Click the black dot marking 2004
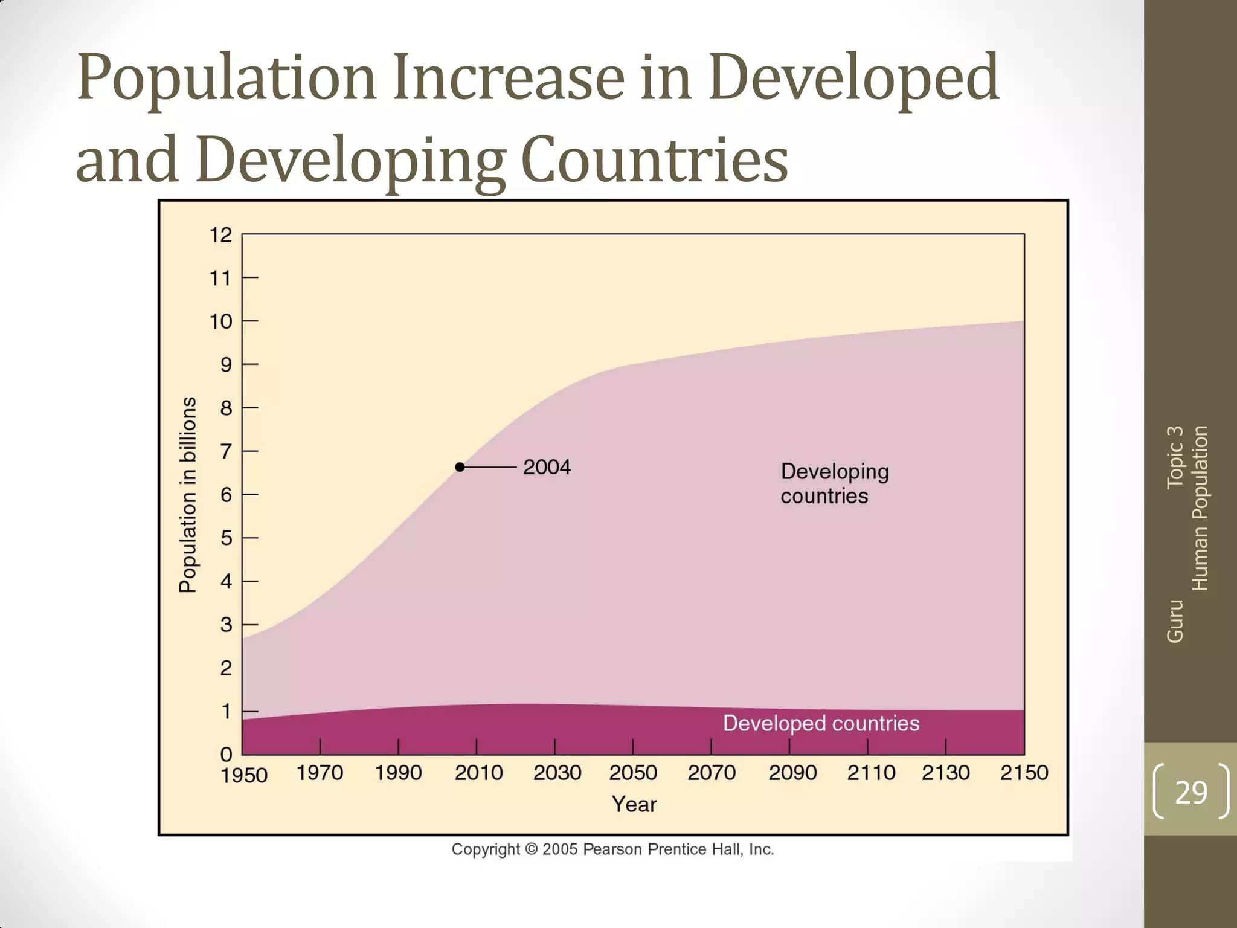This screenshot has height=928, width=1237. coord(460,467)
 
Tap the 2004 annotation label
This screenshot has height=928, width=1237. coord(546,467)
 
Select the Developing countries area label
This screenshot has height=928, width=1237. coord(834,483)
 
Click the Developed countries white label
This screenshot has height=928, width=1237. coord(821,723)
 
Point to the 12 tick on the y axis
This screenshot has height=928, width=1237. coord(221,235)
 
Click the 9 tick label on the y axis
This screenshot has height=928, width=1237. coord(226,365)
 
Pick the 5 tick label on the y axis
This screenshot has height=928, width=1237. coord(226,538)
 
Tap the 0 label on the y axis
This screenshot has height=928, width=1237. coord(226,754)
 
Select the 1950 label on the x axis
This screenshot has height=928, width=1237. coord(244,775)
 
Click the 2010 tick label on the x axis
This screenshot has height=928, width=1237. coord(478,773)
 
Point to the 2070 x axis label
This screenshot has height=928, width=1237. coord(712,773)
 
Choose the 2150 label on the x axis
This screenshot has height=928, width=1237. coord(1024,773)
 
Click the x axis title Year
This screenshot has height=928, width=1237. coord(634,804)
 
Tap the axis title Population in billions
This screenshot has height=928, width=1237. coord(188,495)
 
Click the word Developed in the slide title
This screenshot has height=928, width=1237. coord(853,79)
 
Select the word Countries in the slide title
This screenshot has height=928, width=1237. coord(654,160)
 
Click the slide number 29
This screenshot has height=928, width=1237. coord(1190,792)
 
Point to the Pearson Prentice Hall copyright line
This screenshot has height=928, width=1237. coord(612,849)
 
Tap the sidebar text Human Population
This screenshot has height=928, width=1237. coord(1200,507)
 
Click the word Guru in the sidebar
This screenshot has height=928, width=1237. coord(1175,621)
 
